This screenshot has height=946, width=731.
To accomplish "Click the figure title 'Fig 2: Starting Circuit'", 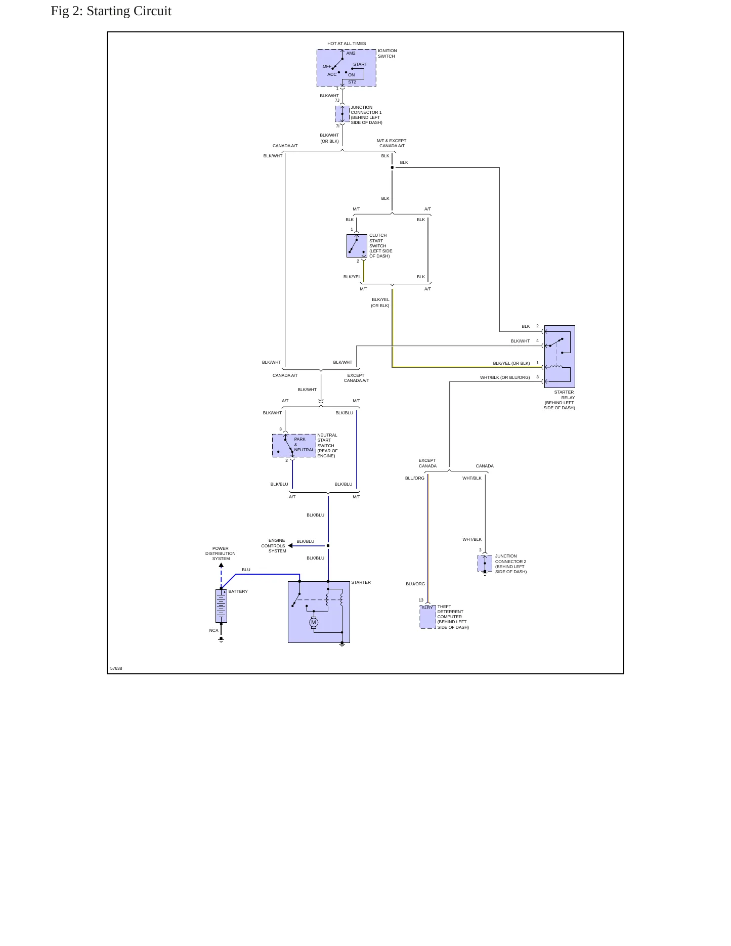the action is click(111, 11).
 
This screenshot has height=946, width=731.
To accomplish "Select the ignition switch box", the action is click(347, 68).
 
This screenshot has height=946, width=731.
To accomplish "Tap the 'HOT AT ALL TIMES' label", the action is click(347, 44).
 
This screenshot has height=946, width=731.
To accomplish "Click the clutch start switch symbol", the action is click(357, 246).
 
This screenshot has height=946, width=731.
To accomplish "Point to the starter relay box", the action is click(560, 357).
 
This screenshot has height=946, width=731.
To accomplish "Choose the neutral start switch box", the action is click(294, 446).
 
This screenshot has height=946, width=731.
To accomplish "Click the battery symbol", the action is click(221, 606).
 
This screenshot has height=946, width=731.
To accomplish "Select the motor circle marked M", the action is click(314, 623).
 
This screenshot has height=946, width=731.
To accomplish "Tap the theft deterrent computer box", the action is click(427, 617).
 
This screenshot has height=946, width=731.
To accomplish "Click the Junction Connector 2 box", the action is click(485, 564).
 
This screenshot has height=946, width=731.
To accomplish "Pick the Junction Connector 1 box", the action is click(342, 114).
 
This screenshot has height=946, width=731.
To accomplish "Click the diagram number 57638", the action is click(116, 668).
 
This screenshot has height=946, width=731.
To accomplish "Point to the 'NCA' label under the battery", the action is click(214, 630).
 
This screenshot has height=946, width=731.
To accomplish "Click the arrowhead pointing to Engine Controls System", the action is click(290, 546).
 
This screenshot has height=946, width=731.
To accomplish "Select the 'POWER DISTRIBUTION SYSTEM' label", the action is click(221, 553).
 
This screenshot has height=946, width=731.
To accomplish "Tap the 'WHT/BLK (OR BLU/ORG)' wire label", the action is click(505, 377).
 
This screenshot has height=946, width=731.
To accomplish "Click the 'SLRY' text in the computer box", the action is click(427, 608).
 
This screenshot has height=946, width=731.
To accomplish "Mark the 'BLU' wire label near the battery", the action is click(246, 570).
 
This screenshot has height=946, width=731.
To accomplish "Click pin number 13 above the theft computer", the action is click(421, 600).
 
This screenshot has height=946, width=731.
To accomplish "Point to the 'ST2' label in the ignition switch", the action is click(352, 82).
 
